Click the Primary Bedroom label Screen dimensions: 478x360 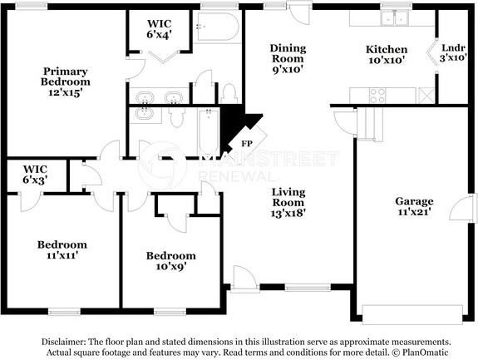coord(65,81)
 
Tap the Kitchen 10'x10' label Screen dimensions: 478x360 coord(387,55)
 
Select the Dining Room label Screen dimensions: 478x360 coord(288,58)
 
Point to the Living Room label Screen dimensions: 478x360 coord(288,202)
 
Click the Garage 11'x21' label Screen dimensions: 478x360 coord(414,206)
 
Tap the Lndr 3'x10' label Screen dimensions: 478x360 coord(453,52)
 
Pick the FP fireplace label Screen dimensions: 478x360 coord(247,143)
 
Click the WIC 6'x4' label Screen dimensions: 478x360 coord(159,29)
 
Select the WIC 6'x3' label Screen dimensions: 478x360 coord(35,175)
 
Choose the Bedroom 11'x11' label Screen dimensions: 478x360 coord(62,249)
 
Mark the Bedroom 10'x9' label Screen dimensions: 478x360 coord(171,261)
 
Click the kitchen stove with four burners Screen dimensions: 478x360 coord(377,96)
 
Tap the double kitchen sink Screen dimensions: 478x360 coord(395,17)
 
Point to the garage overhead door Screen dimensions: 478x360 coord(412,314)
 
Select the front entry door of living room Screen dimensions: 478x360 coord(243,277)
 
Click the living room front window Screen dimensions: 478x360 coord(308,287)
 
